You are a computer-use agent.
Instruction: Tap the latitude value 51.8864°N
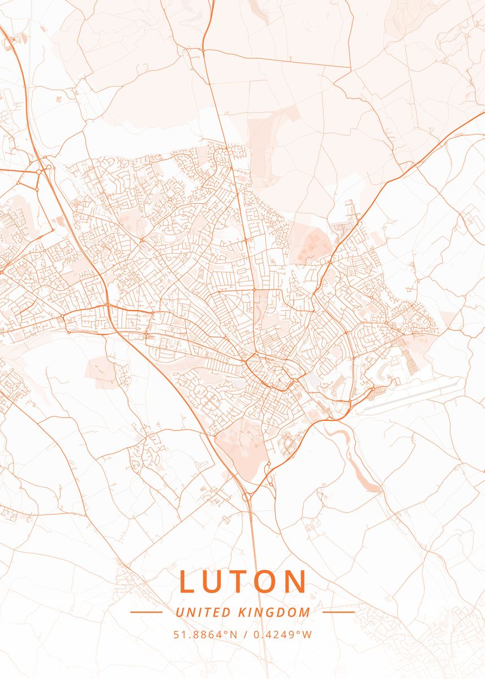pyautogui.click(x=205, y=635)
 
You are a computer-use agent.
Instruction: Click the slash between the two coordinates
pyautogui.click(x=244, y=635)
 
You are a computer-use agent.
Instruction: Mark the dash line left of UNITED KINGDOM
pyautogui.click(x=146, y=612)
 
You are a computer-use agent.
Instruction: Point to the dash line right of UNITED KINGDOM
pyautogui.click(x=338, y=612)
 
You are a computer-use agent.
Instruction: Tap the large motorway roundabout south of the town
pyautogui.click(x=247, y=497)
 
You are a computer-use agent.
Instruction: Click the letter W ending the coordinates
pyautogui.click(x=307, y=635)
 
